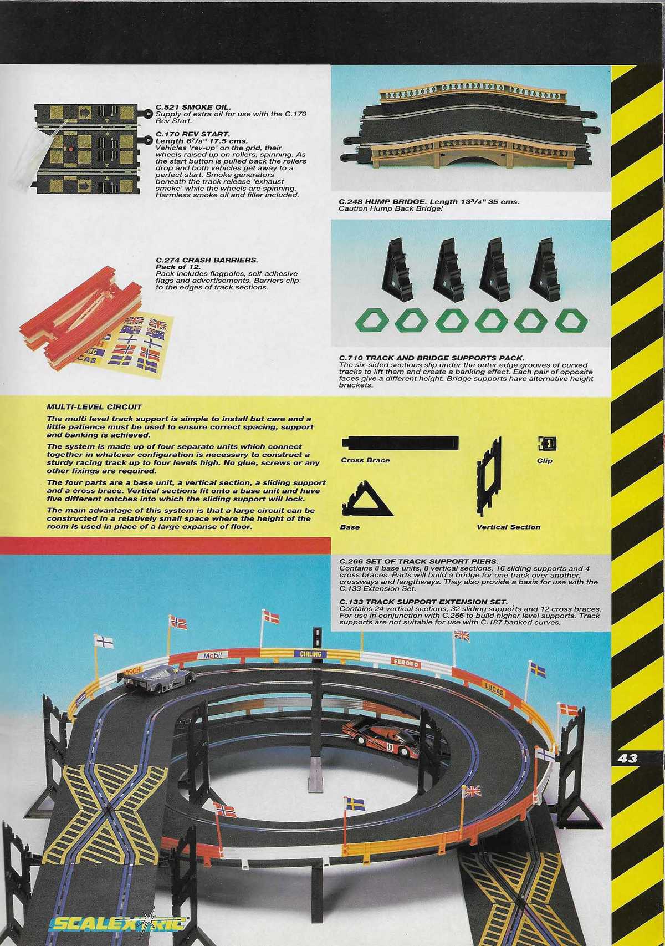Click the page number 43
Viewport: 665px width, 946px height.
click(628, 759)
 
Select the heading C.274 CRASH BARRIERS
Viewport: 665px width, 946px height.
click(207, 260)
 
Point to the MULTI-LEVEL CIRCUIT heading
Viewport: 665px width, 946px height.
click(95, 406)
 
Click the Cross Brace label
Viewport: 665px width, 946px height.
click(365, 460)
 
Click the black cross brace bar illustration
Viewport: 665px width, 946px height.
click(400, 443)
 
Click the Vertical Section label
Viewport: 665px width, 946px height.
click(508, 527)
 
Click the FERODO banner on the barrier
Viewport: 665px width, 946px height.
click(406, 663)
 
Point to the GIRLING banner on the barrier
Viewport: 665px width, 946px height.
click(311, 654)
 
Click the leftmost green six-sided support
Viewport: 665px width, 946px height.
click(372, 321)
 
